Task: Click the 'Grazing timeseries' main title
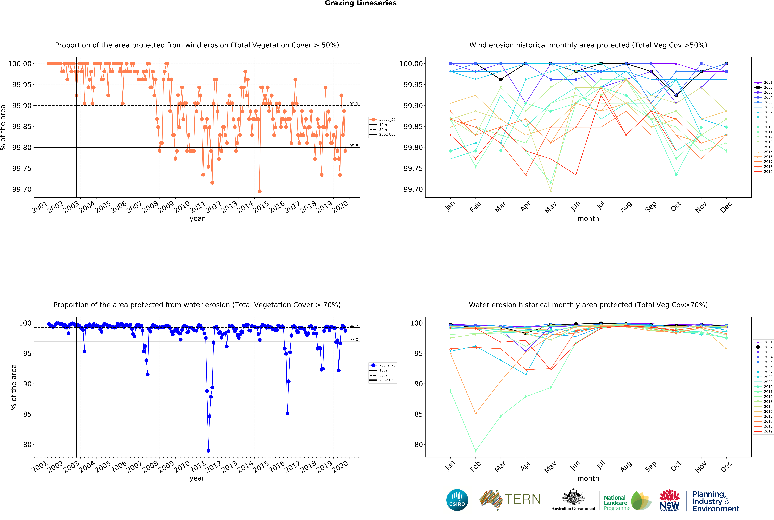click(360, 3)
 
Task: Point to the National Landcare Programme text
click(616, 502)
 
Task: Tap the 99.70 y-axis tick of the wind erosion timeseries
click(22, 189)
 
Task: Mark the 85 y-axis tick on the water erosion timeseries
click(27, 414)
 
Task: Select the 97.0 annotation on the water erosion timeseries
click(354, 340)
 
